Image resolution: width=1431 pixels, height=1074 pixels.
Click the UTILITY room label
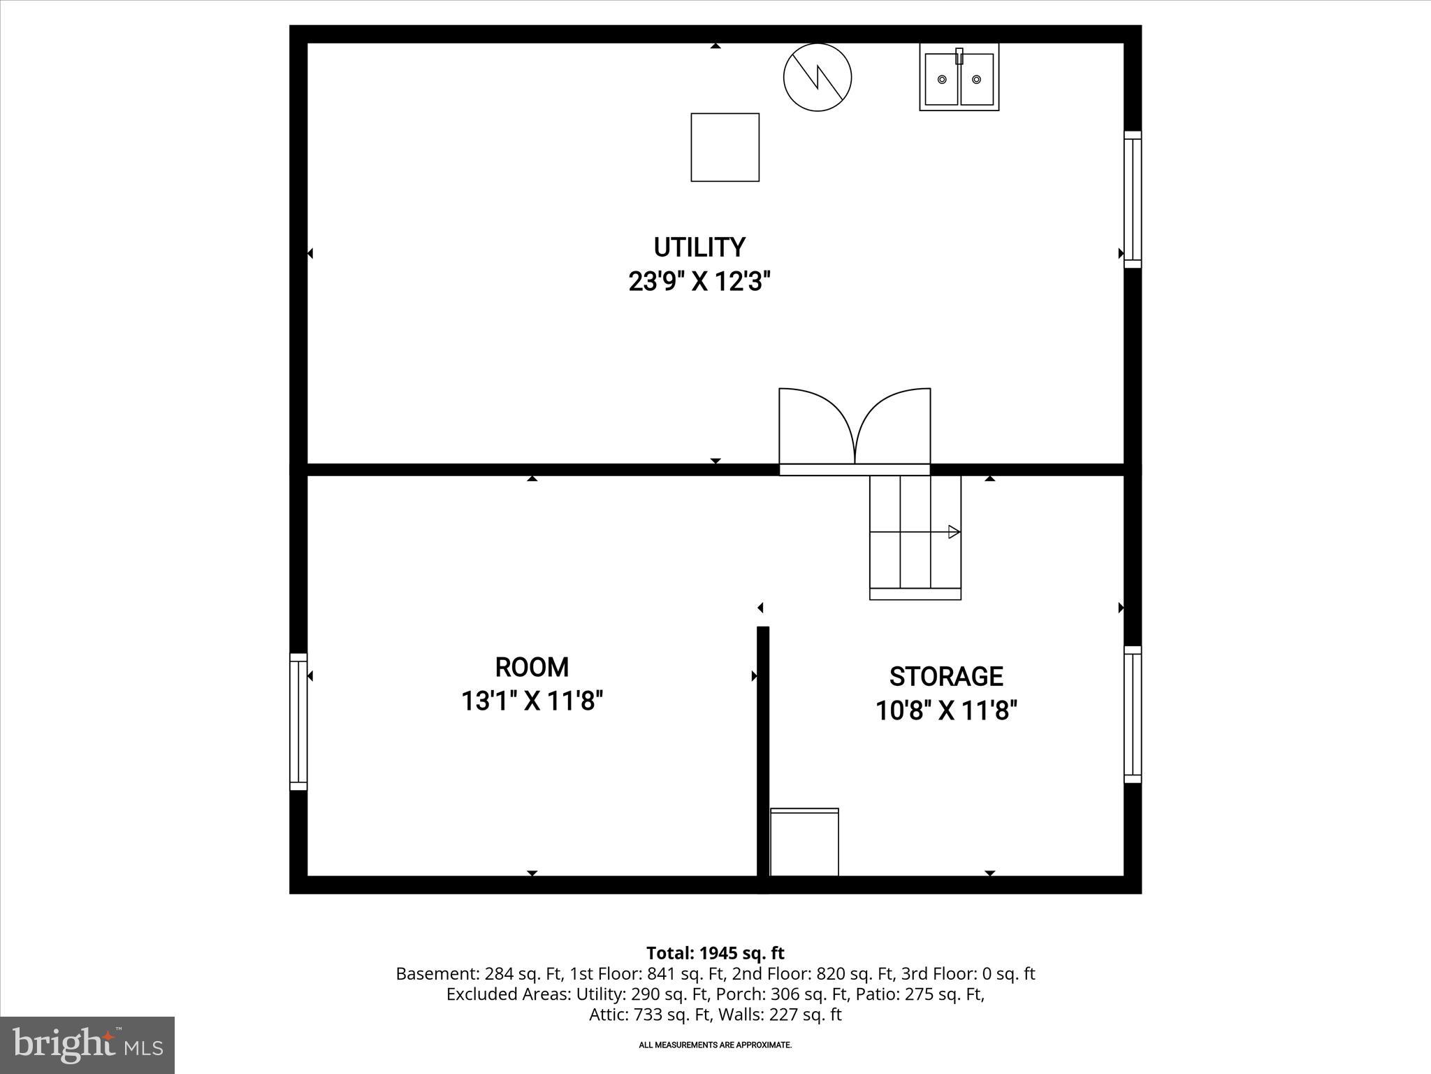pyautogui.click(x=699, y=248)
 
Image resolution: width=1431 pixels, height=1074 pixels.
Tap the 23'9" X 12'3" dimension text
pyautogui.click(x=699, y=282)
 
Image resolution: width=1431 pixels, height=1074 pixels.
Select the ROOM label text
pyautogui.click(x=532, y=667)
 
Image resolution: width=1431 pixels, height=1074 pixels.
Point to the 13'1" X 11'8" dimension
pyautogui.click(x=532, y=701)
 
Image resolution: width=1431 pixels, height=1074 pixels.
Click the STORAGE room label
pyautogui.click(x=946, y=677)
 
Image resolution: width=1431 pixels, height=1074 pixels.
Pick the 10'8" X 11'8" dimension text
pyautogui.click(x=946, y=711)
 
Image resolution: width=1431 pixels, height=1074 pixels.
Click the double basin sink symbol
pyautogui.click(x=959, y=77)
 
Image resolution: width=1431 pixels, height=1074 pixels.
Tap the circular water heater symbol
pyautogui.click(x=817, y=77)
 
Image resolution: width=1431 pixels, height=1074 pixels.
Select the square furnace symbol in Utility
pyautogui.click(x=725, y=148)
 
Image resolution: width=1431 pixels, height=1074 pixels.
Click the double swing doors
pyautogui.click(x=855, y=428)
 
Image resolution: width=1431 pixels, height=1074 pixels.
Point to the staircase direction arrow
pyautogui.click(x=953, y=532)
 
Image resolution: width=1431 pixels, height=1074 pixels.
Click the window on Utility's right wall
pyautogui.click(x=1132, y=199)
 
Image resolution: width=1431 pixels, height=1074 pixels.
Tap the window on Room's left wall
pyautogui.click(x=298, y=722)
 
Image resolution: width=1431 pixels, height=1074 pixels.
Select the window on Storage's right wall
pyautogui.click(x=1132, y=715)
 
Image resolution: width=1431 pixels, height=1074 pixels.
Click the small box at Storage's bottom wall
pyautogui.click(x=804, y=842)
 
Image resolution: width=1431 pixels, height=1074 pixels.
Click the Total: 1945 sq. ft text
pyautogui.click(x=715, y=953)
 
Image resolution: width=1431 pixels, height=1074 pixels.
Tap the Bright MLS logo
pyautogui.click(x=87, y=1045)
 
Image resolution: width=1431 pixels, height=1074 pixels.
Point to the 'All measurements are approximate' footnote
pyautogui.click(x=715, y=1045)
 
